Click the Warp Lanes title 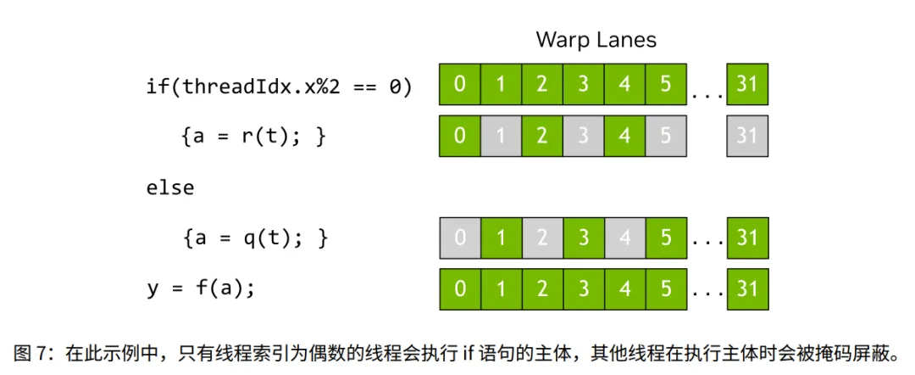(596, 39)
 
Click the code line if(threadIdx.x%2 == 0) (279, 86)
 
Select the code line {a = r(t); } (253, 137)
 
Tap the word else (169, 187)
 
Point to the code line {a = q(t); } (253, 238)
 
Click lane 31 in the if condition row (747, 86)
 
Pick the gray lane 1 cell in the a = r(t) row (501, 137)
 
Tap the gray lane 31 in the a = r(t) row (747, 137)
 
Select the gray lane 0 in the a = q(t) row (459, 238)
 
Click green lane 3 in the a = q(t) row (584, 238)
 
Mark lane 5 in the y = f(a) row (666, 289)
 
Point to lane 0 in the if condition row (459, 86)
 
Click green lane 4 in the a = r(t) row (624, 137)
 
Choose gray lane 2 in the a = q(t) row (542, 238)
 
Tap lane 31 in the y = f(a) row (747, 289)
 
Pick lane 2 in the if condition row (542, 86)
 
